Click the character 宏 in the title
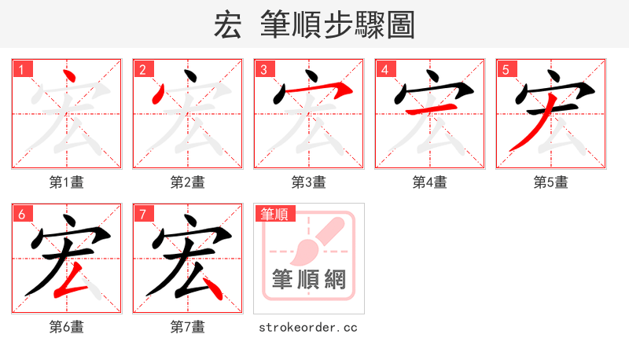click(x=227, y=25)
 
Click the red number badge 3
click(x=265, y=70)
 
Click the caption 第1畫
click(x=66, y=182)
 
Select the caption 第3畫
click(x=308, y=182)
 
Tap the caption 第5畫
click(x=550, y=182)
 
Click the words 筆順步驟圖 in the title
click(x=337, y=25)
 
